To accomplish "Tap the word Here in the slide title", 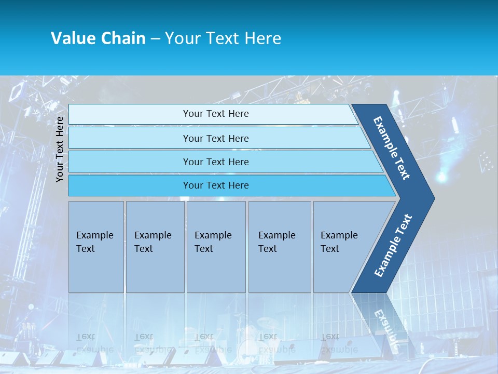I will [x=262, y=38].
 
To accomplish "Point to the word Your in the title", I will [x=181, y=38].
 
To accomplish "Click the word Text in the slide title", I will [x=221, y=38].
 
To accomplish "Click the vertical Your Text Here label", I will [x=60, y=149].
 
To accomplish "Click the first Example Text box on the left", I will [x=96, y=247].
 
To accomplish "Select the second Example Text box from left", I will [x=155, y=247].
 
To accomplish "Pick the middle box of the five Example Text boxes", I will [x=216, y=247].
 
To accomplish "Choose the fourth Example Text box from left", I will [x=280, y=247].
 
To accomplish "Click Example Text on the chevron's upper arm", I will [x=392, y=148].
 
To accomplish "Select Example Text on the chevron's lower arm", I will [x=393, y=245].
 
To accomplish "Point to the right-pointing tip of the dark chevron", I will [x=432, y=198].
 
